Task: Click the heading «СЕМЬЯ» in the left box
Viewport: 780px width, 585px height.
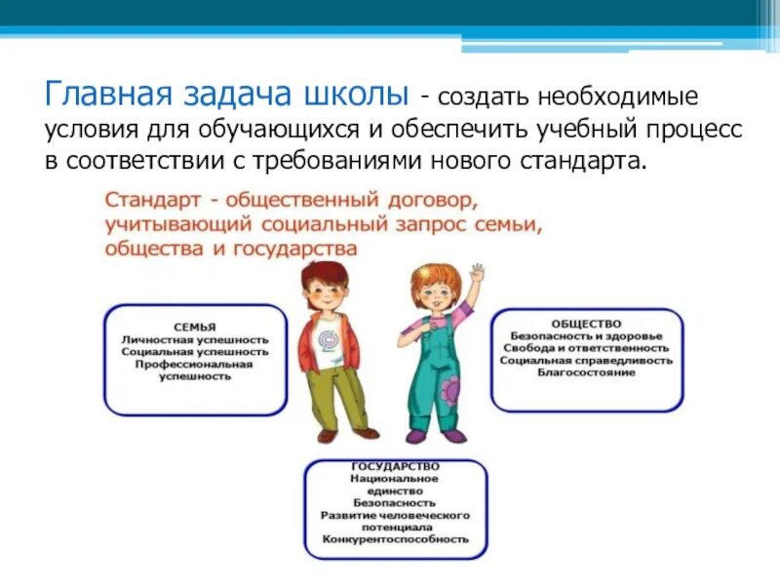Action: [x=195, y=327]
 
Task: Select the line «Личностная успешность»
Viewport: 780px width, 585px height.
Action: [x=195, y=339]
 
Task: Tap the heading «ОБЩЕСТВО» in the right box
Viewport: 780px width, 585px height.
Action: [x=586, y=323]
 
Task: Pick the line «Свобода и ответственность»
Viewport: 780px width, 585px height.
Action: [x=586, y=347]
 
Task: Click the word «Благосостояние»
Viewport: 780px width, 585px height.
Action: [x=586, y=372]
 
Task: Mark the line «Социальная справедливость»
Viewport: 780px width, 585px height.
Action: [x=586, y=360]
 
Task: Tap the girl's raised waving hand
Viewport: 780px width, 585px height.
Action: [x=477, y=273]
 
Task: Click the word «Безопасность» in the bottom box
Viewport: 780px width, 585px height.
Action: [x=395, y=502]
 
